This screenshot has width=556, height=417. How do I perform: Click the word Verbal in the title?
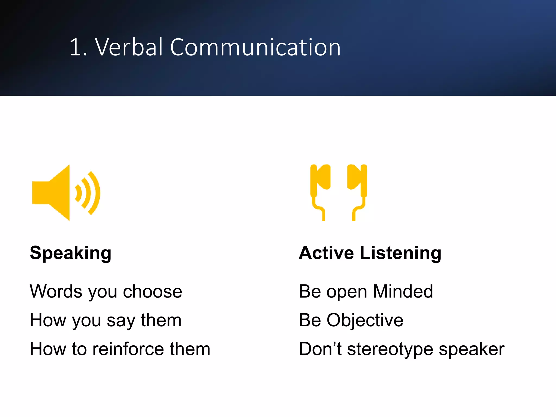129,47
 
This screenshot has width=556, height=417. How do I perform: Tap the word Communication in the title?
255,47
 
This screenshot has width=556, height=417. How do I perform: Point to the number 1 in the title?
76,48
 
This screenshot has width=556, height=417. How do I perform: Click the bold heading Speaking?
71,253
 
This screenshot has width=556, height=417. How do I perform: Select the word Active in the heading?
326,253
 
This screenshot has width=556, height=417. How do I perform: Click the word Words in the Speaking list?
56,291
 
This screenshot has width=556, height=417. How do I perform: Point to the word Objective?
365,320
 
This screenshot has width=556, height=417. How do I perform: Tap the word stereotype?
390,349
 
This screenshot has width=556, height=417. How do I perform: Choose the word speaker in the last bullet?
472,349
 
